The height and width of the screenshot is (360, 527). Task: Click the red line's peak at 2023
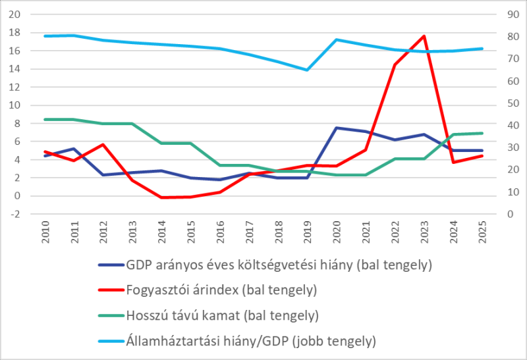[424, 36]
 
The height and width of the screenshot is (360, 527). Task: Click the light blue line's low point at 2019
[307, 70]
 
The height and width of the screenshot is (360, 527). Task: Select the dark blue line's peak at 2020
[337, 128]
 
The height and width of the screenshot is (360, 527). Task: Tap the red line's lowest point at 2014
[161, 197]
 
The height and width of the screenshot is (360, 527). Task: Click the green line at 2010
[45, 119]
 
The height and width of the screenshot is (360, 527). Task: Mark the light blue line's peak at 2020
[337, 39]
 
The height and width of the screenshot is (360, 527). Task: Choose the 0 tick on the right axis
[508, 214]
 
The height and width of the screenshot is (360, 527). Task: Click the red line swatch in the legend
[109, 290]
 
